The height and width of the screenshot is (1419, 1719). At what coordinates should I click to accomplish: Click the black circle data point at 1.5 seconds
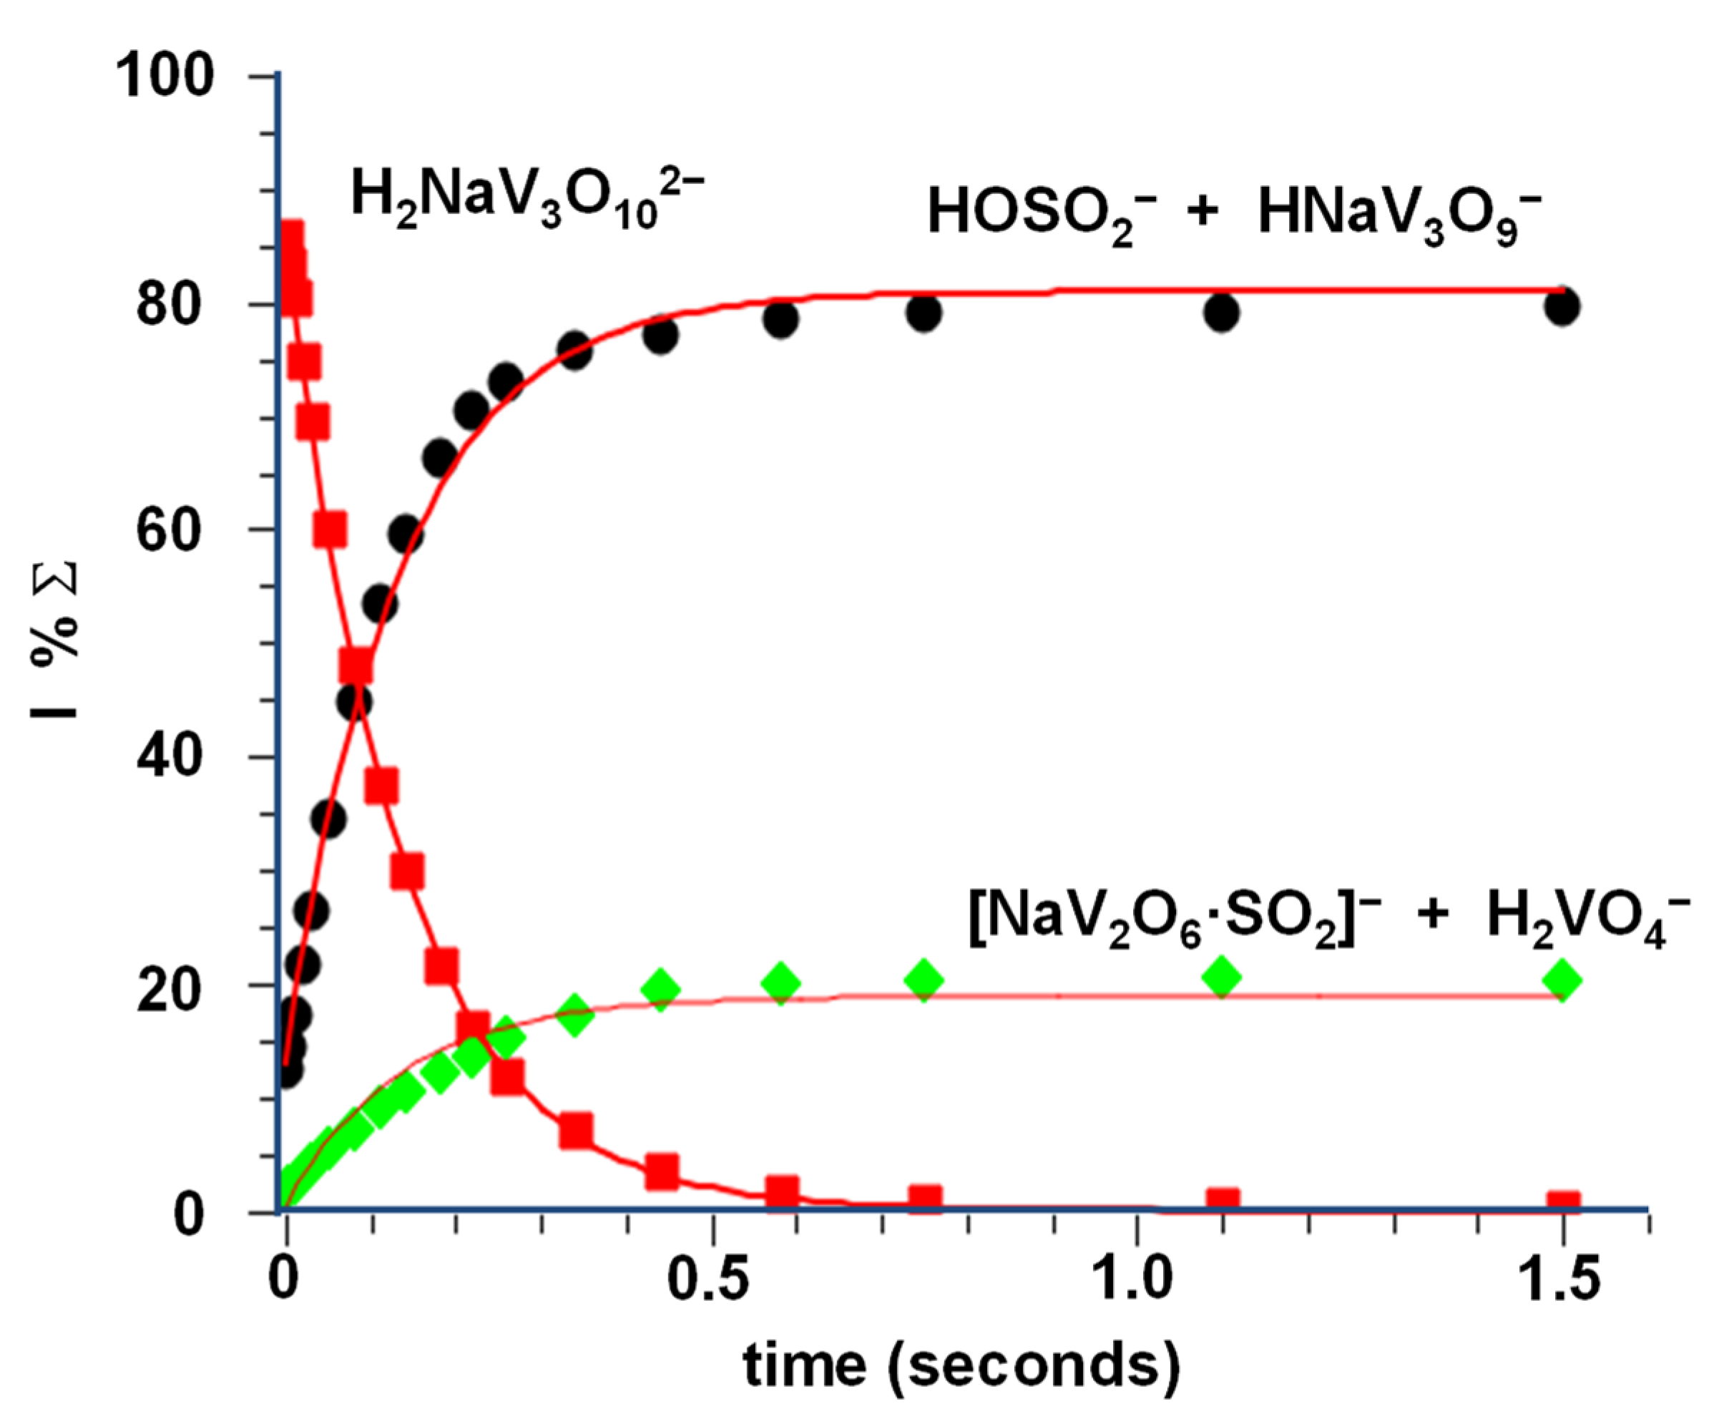1562,307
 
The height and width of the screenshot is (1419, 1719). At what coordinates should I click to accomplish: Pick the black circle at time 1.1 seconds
1221,311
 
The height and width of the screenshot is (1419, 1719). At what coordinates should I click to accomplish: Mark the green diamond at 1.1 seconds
1221,977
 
